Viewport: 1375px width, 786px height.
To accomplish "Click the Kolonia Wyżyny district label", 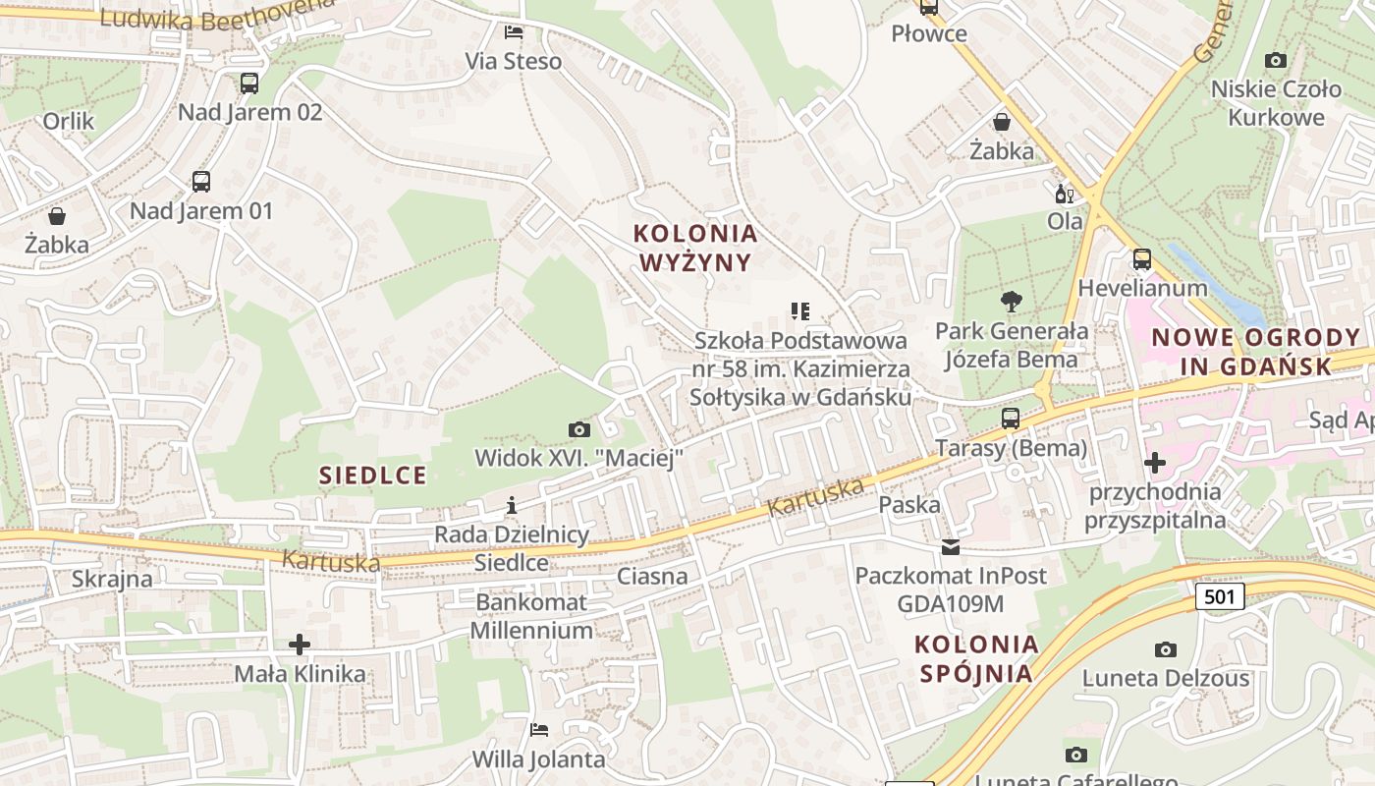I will point(695,248).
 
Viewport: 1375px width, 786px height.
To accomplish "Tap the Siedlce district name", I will point(373,476).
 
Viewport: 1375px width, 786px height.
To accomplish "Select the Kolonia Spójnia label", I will point(976,658).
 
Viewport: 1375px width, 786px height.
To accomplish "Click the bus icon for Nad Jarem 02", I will point(249,84).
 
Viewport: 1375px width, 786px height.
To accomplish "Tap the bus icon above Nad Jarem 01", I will point(201,182).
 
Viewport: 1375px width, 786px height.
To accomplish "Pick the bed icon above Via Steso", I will point(514,32).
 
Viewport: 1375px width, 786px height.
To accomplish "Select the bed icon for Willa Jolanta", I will point(539,730).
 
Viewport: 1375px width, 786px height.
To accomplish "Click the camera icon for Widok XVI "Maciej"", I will point(579,429).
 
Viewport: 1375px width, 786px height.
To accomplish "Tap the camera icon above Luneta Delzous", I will point(1166,649).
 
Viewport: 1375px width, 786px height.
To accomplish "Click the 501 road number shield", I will point(1221,596).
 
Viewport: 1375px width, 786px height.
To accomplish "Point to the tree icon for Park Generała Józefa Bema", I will point(1011,302).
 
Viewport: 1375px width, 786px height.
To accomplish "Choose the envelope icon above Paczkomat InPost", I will point(951,547).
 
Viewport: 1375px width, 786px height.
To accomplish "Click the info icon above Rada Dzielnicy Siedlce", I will point(511,506).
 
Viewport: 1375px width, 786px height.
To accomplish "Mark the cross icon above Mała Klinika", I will point(300,645).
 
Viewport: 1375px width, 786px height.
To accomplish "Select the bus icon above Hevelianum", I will point(1142,259).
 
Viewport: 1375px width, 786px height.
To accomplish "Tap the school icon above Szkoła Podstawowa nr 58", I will point(800,311).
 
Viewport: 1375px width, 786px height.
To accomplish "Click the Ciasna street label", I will point(652,576).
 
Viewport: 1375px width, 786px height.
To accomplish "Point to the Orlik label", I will point(69,121).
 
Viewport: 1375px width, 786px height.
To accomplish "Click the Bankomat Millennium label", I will point(531,616).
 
